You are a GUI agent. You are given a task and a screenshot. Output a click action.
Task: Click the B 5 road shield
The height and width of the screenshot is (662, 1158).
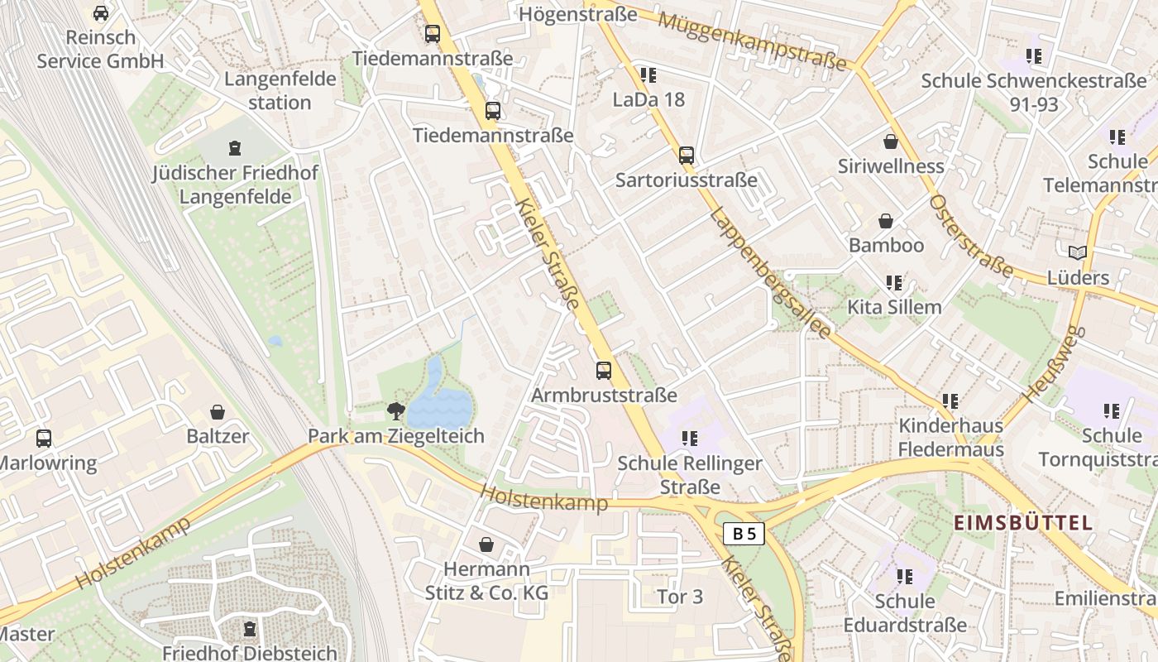(744, 534)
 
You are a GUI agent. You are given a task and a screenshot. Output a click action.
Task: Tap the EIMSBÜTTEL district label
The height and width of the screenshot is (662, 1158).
(1023, 523)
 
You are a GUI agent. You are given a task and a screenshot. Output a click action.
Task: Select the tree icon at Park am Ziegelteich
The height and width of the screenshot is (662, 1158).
(396, 410)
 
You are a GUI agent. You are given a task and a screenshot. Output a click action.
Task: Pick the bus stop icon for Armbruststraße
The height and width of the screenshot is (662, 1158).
(604, 370)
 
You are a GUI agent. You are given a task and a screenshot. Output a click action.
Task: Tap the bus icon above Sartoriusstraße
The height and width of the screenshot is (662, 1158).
(686, 155)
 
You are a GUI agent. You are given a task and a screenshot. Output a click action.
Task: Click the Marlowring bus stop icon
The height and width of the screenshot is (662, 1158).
(44, 438)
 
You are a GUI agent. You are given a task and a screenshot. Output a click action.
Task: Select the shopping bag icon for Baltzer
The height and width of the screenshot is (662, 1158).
(218, 411)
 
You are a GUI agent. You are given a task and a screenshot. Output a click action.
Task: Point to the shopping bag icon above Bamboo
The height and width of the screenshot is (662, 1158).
(886, 221)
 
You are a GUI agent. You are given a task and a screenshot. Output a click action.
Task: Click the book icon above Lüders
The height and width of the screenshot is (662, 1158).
(1077, 252)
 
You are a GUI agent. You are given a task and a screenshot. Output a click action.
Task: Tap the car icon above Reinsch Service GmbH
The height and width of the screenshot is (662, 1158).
(101, 13)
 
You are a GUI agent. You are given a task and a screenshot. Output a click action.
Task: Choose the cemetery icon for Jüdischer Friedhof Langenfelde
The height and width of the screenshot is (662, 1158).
(235, 148)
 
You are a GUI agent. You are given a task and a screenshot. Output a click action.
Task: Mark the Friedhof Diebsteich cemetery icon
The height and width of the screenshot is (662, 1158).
(250, 629)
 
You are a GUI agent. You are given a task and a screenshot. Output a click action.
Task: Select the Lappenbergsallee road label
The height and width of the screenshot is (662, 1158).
(770, 272)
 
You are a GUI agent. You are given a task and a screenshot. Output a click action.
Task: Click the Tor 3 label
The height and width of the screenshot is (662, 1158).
(680, 597)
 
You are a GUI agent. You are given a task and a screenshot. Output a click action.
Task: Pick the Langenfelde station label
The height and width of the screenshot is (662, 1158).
(280, 91)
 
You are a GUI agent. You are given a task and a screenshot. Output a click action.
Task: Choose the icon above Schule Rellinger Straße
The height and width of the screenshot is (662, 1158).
(689, 438)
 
